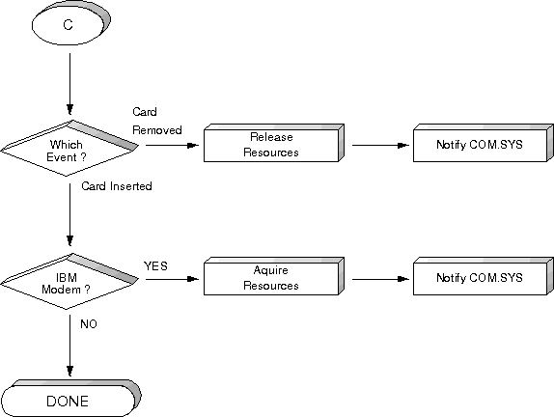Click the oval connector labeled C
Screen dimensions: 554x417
coord(71,23)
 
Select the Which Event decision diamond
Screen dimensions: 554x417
coord(69,149)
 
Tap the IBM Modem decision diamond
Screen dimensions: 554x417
coord(69,281)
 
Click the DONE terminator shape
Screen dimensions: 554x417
coord(70,399)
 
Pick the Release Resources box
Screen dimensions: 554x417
coord(274,143)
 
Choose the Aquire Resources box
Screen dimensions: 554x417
coord(274,276)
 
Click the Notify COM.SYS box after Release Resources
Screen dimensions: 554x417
coord(484,143)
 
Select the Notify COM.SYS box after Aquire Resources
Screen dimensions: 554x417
coord(484,276)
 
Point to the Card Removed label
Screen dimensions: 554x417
coord(157,121)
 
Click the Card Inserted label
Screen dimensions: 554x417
coord(117,186)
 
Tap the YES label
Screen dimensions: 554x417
coord(155,265)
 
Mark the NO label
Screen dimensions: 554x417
coord(89,324)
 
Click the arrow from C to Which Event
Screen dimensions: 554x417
coord(69,84)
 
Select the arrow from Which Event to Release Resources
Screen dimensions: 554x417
coord(172,145)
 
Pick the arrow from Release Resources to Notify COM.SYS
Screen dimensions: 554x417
coord(380,145)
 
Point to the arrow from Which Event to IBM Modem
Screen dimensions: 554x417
coord(69,214)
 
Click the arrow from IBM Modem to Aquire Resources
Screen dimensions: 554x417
coord(172,279)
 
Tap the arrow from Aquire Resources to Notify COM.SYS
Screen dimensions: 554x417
coord(380,279)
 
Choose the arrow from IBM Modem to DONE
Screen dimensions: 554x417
coord(69,346)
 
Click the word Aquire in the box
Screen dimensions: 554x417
coord(270,270)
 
